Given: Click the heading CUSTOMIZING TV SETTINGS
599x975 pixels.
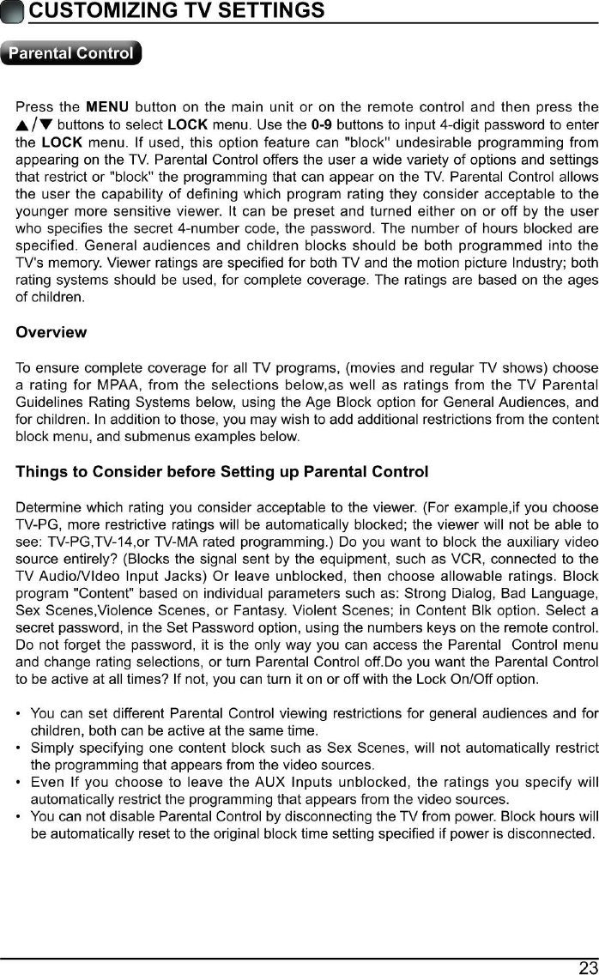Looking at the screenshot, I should point(176,10).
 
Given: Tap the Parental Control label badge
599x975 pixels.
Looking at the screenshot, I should point(71,53).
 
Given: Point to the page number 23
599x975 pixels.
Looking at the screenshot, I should point(588,967).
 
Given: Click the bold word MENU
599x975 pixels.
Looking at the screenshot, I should point(107,107).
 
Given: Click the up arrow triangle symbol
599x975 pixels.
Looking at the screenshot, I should point(23,125).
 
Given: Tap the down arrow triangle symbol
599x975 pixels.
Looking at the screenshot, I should point(45,125).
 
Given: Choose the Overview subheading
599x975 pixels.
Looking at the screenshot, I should point(51,332).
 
